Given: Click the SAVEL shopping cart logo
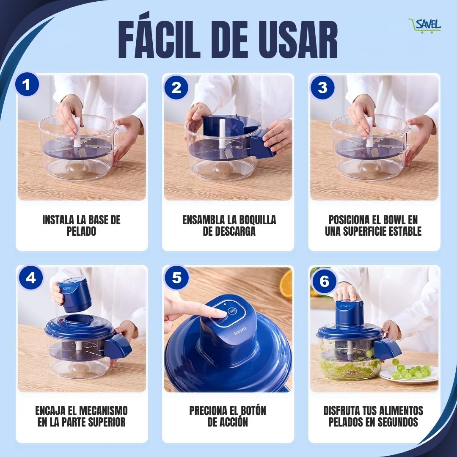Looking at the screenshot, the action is point(425,26).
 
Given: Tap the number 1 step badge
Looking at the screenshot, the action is point(27,85).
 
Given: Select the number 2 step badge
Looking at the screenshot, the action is point(176,87).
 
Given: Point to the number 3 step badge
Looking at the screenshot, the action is point(322,87).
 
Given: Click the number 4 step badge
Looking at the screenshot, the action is point(31,278).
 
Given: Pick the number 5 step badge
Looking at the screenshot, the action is point(176,278).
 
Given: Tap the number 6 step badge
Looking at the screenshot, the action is point(324,281).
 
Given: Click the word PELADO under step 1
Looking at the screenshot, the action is point(81,231).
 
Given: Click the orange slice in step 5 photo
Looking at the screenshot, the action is point(286,284).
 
